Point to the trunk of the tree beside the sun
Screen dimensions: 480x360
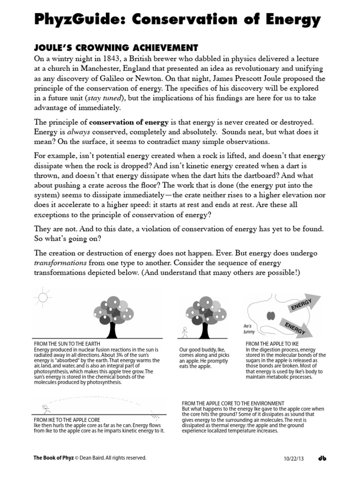pos(112,328)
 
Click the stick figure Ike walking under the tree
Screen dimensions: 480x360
pos(185,332)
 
